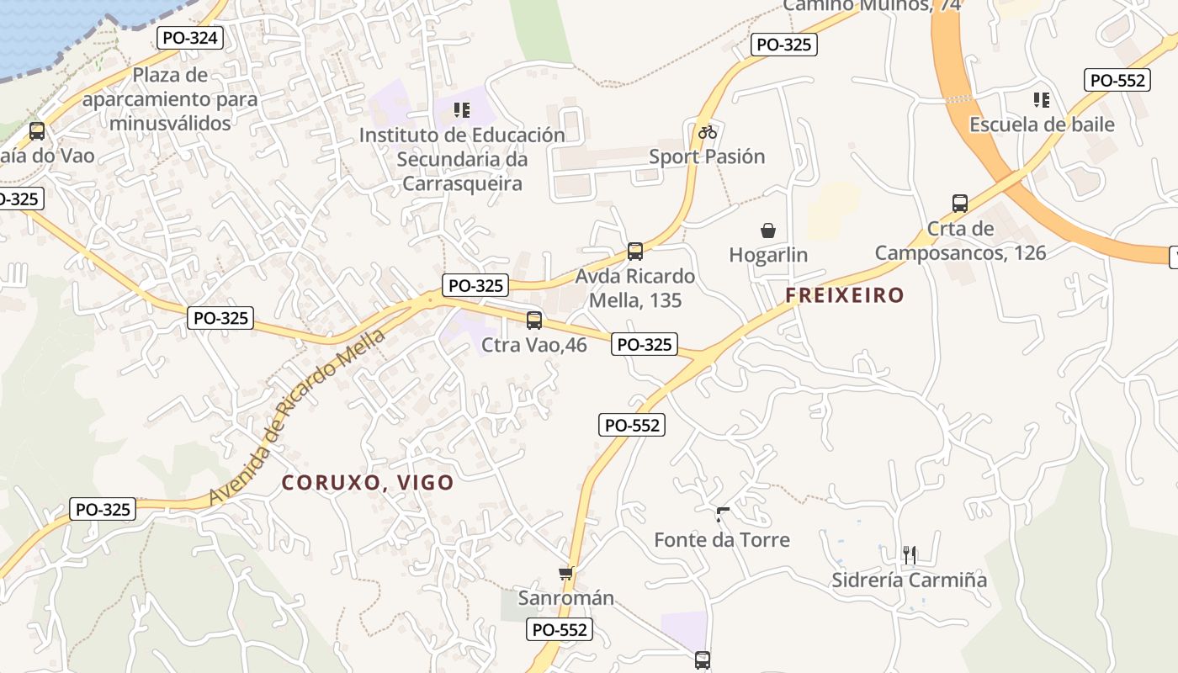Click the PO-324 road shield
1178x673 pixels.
[189, 38]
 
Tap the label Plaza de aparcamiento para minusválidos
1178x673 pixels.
[170, 99]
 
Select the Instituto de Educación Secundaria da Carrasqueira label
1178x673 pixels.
[462, 159]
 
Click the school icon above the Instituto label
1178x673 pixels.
[461, 109]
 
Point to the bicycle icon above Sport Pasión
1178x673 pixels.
[707, 132]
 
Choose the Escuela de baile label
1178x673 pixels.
[1042, 125]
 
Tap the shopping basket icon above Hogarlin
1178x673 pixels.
[767, 231]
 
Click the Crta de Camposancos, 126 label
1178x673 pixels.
[960, 241]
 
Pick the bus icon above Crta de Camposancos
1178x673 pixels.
[960, 203]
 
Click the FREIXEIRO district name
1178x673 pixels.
[845, 295]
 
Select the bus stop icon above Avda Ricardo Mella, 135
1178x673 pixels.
[635, 251]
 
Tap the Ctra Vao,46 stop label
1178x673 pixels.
[534, 344]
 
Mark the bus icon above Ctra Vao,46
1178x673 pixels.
[534, 320]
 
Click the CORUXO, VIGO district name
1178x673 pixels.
[368, 483]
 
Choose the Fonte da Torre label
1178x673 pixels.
[722, 539]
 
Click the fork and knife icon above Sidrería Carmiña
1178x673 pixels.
[909, 554]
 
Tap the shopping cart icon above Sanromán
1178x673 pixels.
[565, 574]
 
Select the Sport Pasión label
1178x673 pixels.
[707, 156]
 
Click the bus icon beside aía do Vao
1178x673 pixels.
[36, 131]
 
